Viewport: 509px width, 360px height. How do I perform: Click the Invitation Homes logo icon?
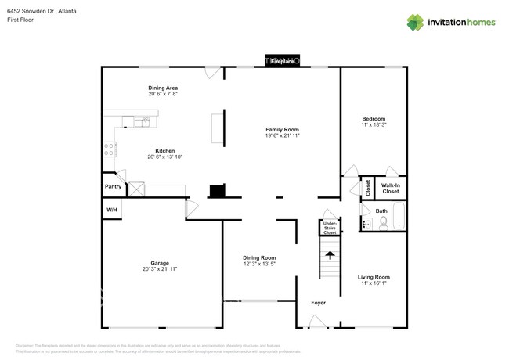tap(415, 22)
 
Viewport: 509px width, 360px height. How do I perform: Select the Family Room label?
tap(282, 129)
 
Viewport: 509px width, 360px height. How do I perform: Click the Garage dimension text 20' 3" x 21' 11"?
tap(160, 269)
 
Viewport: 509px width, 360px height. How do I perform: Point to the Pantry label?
tap(113, 187)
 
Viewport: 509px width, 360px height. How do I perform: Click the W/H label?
tap(111, 210)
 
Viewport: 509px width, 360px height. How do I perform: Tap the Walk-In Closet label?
tap(390, 189)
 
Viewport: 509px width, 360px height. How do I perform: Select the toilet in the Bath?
tap(384, 223)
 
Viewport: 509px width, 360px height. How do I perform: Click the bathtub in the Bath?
tap(399, 217)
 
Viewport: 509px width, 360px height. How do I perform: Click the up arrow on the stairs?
tap(330, 254)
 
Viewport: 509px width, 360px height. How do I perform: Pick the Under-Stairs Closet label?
tap(330, 228)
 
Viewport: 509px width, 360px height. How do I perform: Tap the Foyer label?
tap(318, 303)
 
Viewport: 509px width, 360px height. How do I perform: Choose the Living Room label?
tap(374, 277)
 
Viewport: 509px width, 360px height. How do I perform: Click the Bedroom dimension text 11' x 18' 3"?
tap(374, 125)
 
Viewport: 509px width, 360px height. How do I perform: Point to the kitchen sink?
tap(142, 121)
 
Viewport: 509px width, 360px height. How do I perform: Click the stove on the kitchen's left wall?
tap(110, 148)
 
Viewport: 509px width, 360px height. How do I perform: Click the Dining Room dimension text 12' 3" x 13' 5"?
tap(258, 264)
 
